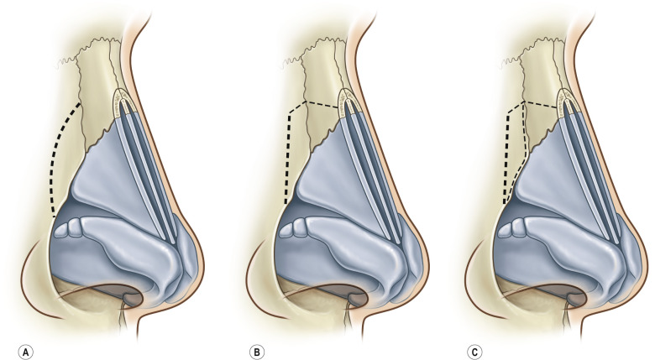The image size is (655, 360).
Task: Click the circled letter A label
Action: point(26,352)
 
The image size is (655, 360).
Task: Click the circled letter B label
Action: point(256,352)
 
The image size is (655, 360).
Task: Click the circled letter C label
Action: point(474,352)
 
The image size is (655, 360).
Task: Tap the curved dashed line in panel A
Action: point(54,159)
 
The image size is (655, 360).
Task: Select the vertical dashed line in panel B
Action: point(286,159)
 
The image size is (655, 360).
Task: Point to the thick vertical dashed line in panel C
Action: point(506,159)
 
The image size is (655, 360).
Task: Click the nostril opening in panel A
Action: point(122,293)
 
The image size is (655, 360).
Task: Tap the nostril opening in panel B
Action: point(345,293)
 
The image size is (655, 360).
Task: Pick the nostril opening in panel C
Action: point(564,293)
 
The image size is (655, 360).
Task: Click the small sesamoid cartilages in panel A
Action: point(69,228)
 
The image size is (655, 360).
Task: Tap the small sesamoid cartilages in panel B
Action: point(292,228)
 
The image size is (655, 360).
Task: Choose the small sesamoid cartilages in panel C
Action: point(511,228)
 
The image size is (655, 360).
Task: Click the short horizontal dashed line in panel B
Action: point(322,104)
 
